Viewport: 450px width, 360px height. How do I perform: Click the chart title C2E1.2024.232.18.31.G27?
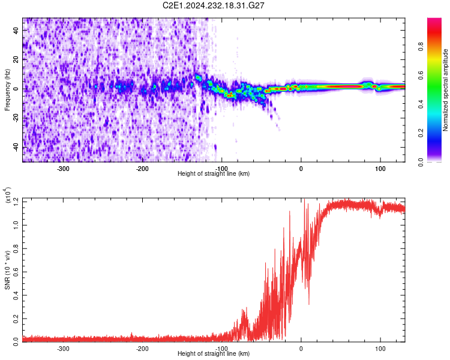pyautogui.click(x=214, y=5)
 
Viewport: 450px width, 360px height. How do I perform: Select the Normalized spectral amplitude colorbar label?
pyautogui.click(x=446, y=91)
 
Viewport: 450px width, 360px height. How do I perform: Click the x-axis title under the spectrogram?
pyautogui.click(x=214, y=173)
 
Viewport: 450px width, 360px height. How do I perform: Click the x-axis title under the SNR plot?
pyautogui.click(x=214, y=353)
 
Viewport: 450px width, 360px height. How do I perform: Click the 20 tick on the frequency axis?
pyautogui.click(x=15, y=59)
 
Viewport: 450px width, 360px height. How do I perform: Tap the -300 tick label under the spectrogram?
pyautogui.click(x=63, y=168)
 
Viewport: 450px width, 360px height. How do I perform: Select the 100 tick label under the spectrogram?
pyautogui.click(x=380, y=168)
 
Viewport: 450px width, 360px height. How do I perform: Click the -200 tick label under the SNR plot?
pyautogui.click(x=142, y=348)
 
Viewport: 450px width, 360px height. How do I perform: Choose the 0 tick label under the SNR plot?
pyautogui.click(x=301, y=348)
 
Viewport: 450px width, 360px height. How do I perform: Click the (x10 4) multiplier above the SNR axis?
pyautogui.click(x=8, y=196)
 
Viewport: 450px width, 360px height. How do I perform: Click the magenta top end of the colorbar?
pyautogui.click(x=434, y=20)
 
